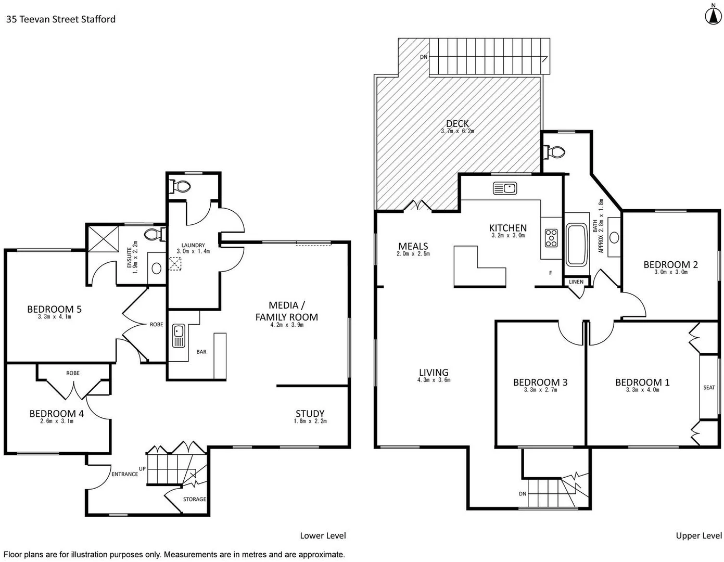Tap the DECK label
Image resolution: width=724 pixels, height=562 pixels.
pos(457,123)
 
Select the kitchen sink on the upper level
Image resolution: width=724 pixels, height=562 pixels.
pos(504,188)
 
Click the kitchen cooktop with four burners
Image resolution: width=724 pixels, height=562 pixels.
pos(551,238)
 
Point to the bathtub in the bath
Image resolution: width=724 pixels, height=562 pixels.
pos(576,245)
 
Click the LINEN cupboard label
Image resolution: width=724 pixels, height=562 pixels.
pos(576,282)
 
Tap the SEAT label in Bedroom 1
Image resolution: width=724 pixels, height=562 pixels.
pos(709,387)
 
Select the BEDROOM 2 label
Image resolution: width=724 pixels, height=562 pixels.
pos(670,264)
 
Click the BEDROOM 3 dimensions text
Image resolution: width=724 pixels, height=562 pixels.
pos(540,390)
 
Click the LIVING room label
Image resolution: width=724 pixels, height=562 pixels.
pos(434,372)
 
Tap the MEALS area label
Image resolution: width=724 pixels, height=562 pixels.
pos(413,246)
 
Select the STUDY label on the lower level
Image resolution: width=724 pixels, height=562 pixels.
pos(310,414)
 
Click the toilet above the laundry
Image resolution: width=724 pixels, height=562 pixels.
pos(182,186)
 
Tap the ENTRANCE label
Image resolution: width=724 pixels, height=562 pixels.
pos(124,474)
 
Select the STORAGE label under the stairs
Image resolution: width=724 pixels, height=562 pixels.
pos(194,499)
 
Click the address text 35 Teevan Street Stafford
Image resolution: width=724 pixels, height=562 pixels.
pos(60,19)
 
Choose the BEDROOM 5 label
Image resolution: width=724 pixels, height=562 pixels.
pos(54,309)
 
